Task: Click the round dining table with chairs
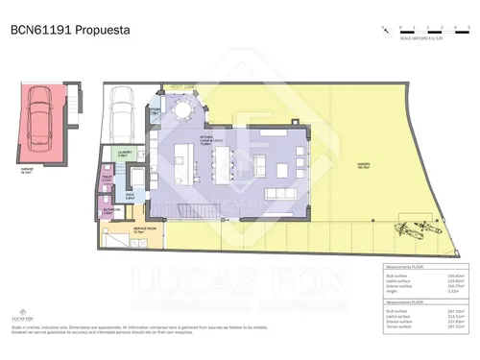[182, 113]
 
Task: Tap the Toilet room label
[108, 179]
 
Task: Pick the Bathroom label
[111, 210]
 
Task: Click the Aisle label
[129, 195]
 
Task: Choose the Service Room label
[144, 231]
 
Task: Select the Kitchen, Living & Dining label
[205, 142]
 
